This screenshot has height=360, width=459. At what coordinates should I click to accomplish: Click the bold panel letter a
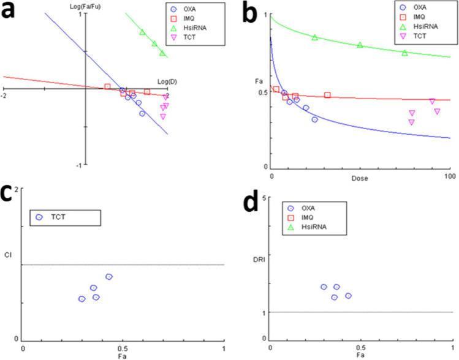click(x=14, y=14)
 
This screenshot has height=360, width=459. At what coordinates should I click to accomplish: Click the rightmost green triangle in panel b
click(x=404, y=53)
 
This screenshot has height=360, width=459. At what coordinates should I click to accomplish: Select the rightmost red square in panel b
click(x=327, y=96)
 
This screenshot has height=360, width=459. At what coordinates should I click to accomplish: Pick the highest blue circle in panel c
click(x=108, y=277)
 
